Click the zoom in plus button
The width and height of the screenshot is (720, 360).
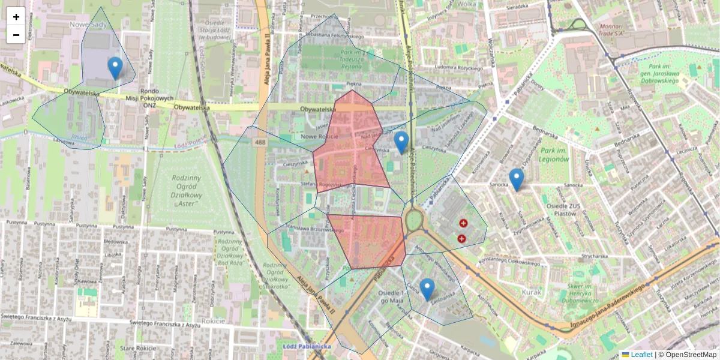click(x=16, y=17)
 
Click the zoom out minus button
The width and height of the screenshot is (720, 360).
click(x=16, y=35)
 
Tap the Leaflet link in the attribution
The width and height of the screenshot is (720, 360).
click(x=641, y=355)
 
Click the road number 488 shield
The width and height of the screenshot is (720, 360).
click(x=260, y=142)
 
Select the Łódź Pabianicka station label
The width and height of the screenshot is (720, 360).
click(x=307, y=346)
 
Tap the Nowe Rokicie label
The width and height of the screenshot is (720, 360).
click(x=320, y=137)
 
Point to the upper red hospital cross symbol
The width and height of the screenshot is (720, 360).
click(x=463, y=224)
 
